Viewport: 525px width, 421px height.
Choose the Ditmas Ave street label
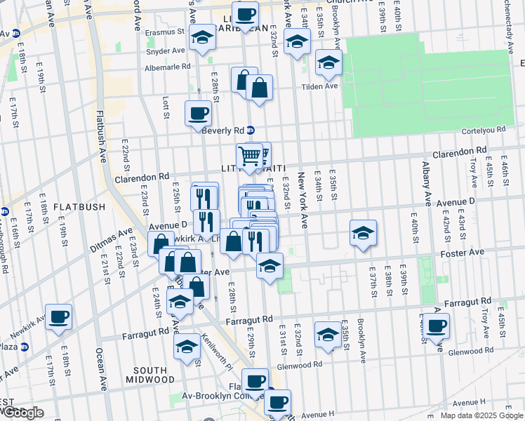pos(111,241)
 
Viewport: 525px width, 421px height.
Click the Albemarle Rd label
pos(167,67)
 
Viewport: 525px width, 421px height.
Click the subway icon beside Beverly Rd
pos(250,130)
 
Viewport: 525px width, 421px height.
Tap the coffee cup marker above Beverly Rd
pos(198,113)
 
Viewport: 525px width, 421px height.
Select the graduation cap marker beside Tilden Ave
pos(328,63)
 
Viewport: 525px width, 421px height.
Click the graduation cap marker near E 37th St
pos(362,233)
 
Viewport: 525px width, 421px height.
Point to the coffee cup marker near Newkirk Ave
pos(58,316)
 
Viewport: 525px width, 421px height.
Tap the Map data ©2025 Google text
pos(481,415)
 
